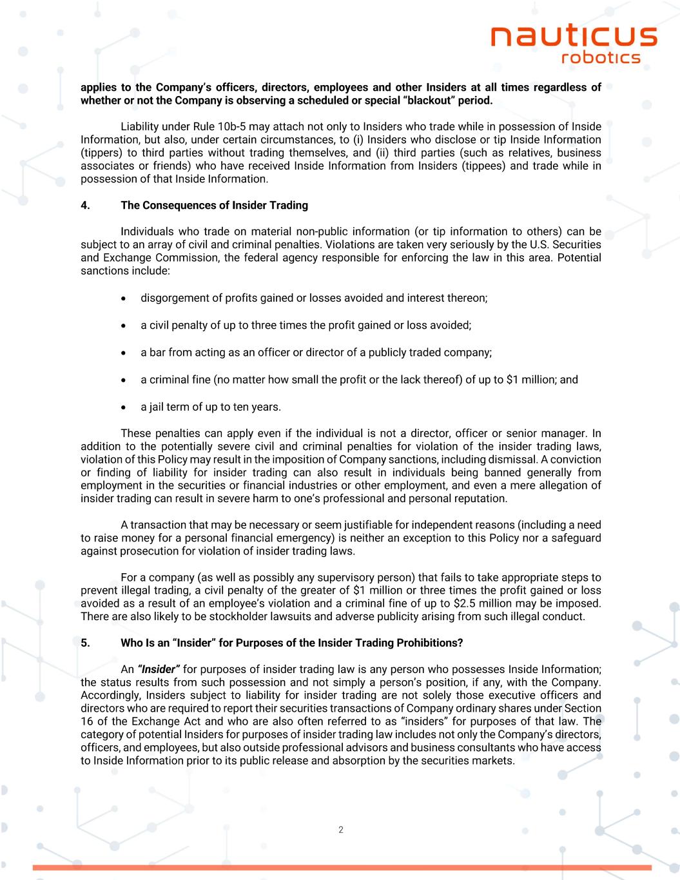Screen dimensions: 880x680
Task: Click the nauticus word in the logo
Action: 574,37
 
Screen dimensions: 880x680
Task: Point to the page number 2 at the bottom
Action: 340,830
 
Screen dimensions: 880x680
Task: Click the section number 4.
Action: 84,206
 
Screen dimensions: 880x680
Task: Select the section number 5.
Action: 84,643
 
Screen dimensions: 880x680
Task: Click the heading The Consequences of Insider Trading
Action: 214,206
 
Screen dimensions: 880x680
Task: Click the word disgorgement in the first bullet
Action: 172,298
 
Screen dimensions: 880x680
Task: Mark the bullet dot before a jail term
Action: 125,407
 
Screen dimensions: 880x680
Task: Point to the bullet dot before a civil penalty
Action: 125,326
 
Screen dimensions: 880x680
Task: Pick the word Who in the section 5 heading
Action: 131,643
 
